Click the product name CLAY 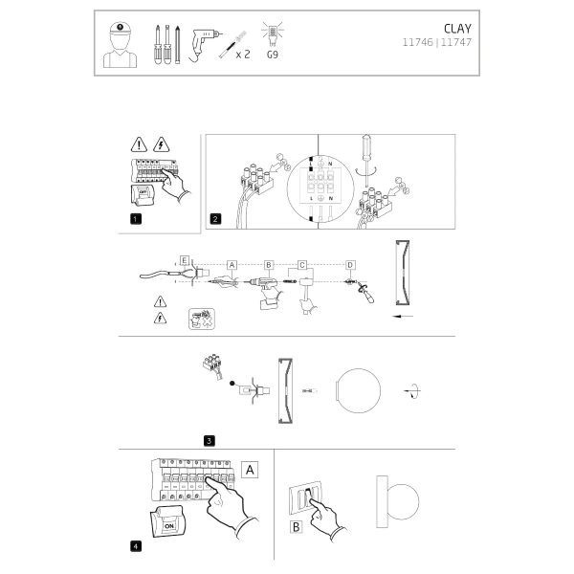(457, 29)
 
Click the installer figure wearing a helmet (120, 44)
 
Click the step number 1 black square (135, 219)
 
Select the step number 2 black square (216, 219)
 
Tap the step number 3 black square (209, 440)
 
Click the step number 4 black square (135, 546)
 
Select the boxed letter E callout (185, 259)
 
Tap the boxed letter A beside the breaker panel (249, 470)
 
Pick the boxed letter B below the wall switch (296, 525)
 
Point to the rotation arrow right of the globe (411, 390)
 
